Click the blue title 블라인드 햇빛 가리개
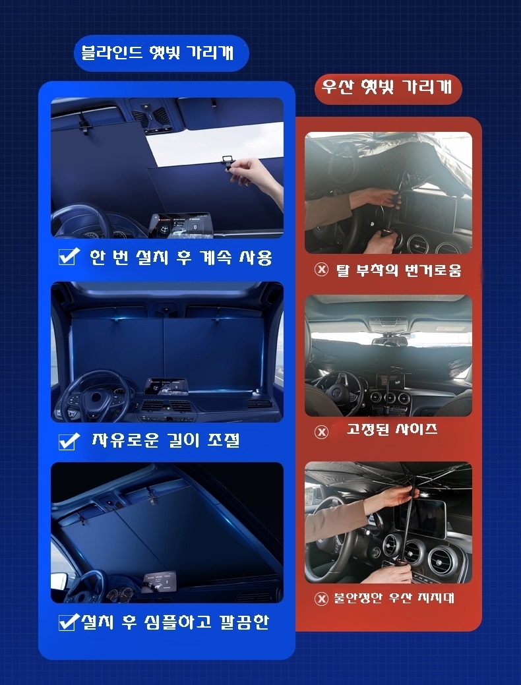pos(158,53)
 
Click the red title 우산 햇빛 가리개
pos(387,86)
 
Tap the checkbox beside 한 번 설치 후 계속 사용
pos(69,256)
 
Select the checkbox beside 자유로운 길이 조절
pos(69,441)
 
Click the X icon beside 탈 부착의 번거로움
pos(321,269)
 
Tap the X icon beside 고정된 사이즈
pos(321,432)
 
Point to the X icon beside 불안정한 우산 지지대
pos(321,598)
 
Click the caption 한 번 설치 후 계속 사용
pos(181,257)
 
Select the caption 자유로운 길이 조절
pos(166,440)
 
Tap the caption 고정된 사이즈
pos(392,429)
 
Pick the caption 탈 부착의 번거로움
pos(398,270)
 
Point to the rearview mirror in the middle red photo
pos(390,341)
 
